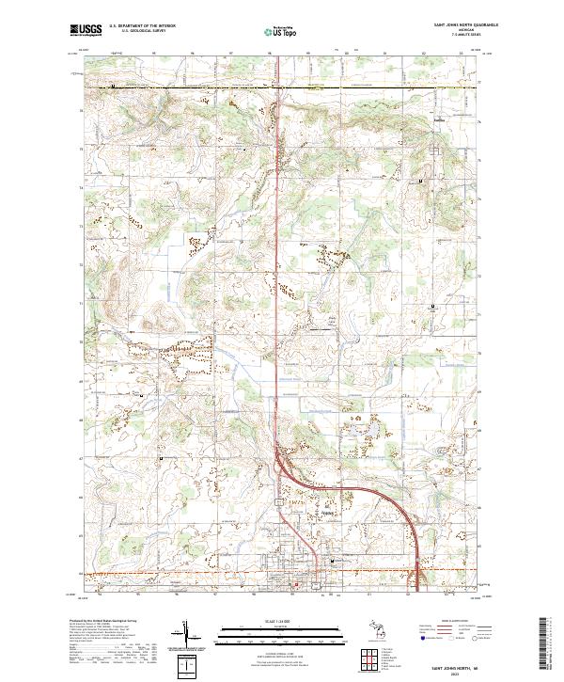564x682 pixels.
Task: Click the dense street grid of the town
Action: [282, 574]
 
